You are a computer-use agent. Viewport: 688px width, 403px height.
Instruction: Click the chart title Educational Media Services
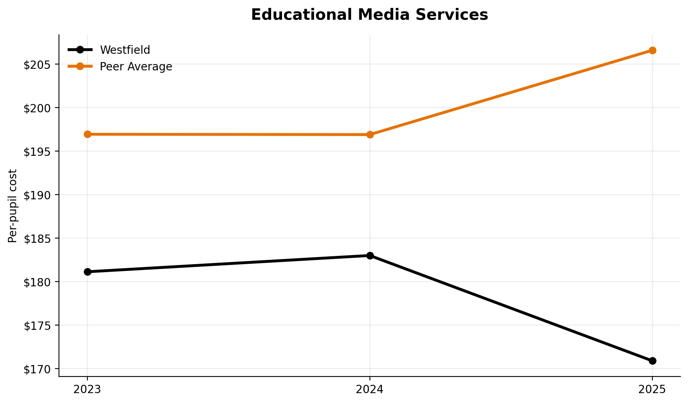pyautogui.click(x=369, y=15)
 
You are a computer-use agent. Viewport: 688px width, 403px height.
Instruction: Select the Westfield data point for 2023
pyautogui.click(x=87, y=272)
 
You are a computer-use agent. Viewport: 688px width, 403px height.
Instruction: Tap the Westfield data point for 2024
pyautogui.click(x=370, y=255)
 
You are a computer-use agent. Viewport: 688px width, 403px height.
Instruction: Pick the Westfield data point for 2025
pyautogui.click(x=652, y=361)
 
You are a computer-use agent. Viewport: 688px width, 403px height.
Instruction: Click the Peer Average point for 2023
pyautogui.click(x=87, y=134)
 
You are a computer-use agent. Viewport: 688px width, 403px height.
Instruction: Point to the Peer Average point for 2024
pyautogui.click(x=370, y=134)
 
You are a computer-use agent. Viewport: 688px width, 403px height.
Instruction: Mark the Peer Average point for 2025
pyautogui.click(x=652, y=50)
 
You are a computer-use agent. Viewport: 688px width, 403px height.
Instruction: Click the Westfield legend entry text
pyautogui.click(x=125, y=50)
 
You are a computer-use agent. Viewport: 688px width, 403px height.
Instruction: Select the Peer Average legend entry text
pyautogui.click(x=136, y=67)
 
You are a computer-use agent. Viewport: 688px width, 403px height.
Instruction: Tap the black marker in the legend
pyautogui.click(x=80, y=50)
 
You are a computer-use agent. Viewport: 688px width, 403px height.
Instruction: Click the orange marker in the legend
pyautogui.click(x=80, y=66)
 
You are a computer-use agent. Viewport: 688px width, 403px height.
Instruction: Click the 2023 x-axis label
pyautogui.click(x=87, y=390)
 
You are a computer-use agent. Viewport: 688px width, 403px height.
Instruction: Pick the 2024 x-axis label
pyautogui.click(x=370, y=390)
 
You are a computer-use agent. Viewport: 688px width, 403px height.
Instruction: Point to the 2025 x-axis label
pyautogui.click(x=652, y=390)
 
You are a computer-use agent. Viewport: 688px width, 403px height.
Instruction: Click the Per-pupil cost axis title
pyautogui.click(x=13, y=206)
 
